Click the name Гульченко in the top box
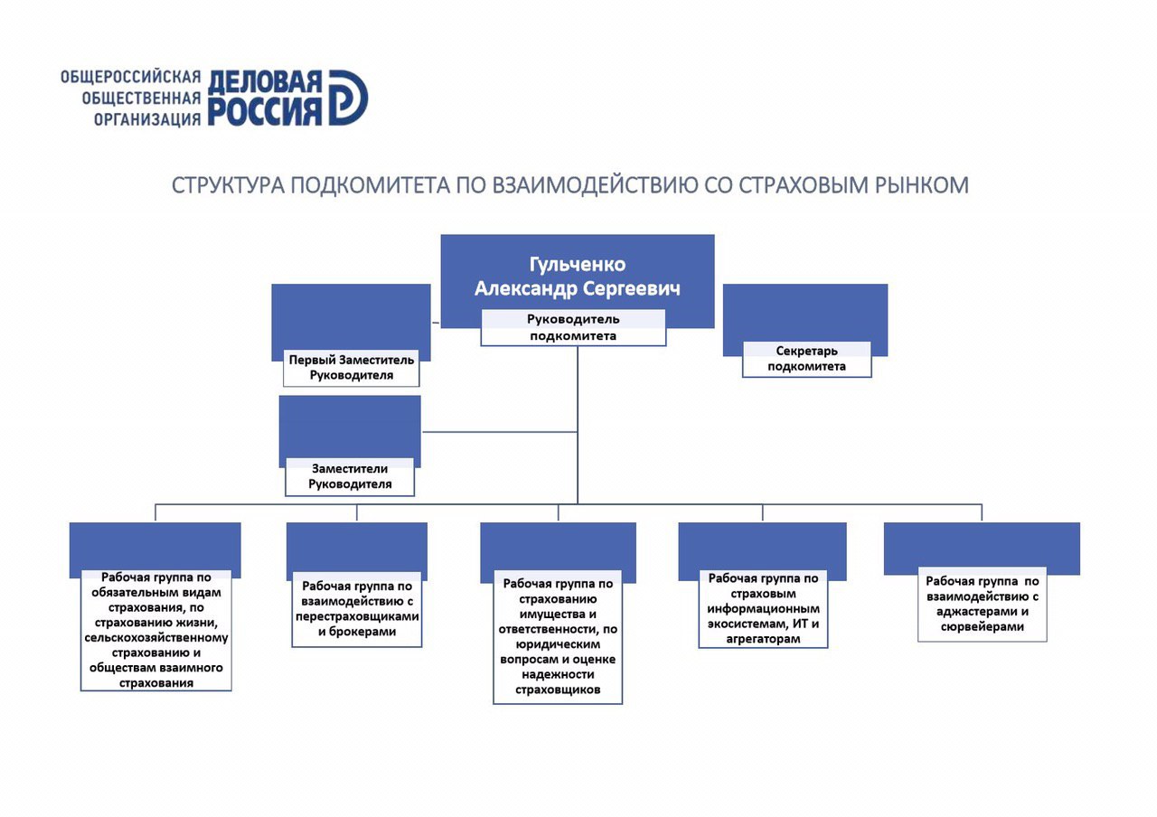click(577, 264)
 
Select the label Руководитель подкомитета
click(573, 327)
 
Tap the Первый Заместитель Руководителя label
click(352, 367)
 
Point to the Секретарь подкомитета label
click(806, 359)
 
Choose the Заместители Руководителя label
click(350, 476)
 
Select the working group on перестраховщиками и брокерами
click(357, 609)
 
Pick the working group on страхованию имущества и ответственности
click(559, 636)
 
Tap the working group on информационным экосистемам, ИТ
click(763, 608)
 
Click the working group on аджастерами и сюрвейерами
click(982, 604)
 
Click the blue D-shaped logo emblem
click(347, 97)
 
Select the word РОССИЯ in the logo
click(265, 111)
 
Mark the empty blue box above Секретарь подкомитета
click(804, 313)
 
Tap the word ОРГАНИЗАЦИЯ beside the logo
click(147, 117)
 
